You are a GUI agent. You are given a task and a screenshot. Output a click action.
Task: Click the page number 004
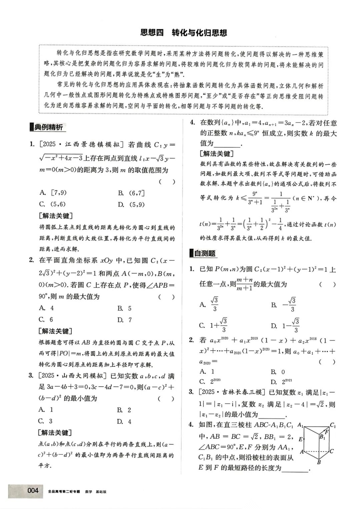click(33, 490)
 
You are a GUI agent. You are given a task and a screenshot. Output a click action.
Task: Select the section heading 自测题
click(205, 253)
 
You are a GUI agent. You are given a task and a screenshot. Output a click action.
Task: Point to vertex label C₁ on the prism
click(333, 425)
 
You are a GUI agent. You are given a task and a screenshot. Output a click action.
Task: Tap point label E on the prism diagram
click(301, 439)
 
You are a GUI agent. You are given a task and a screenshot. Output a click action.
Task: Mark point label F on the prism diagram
click(327, 432)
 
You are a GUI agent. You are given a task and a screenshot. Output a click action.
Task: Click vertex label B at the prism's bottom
click(319, 462)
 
